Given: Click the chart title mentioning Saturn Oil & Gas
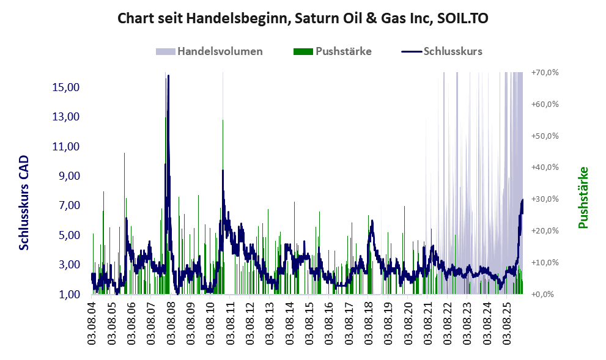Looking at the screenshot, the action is [x=303, y=18].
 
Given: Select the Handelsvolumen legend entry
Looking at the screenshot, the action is [x=209, y=51].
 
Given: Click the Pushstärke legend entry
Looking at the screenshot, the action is [x=333, y=51].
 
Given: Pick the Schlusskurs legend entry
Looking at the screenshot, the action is [x=442, y=51].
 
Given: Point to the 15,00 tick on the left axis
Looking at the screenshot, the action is [x=65, y=87].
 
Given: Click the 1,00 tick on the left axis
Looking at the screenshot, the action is [x=69, y=295].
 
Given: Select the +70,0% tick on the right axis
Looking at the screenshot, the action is [x=545, y=72].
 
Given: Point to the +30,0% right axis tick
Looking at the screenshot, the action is [x=545, y=199].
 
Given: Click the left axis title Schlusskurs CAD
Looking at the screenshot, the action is [x=24, y=202].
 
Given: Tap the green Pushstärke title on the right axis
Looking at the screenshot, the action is [x=583, y=197].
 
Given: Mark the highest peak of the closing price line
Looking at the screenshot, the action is [x=168, y=76].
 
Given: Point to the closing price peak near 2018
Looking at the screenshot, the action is [x=372, y=221].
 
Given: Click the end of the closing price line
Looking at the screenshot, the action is [x=522, y=200].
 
